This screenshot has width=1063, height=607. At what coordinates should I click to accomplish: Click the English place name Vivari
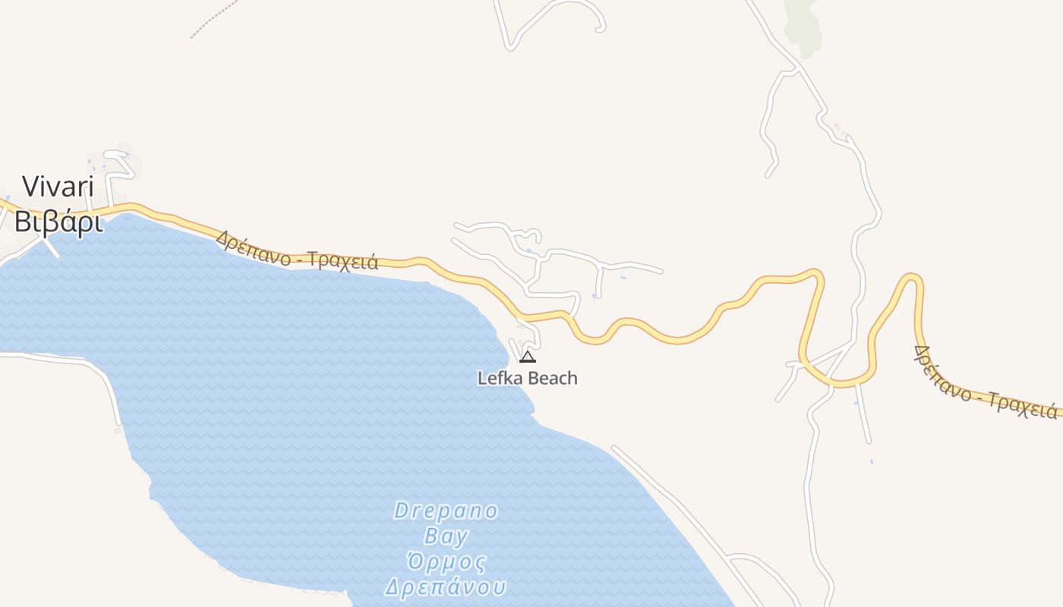[x=58, y=187]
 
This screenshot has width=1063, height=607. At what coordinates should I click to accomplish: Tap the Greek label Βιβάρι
[x=58, y=222]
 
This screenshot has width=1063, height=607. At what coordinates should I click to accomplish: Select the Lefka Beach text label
[x=527, y=378]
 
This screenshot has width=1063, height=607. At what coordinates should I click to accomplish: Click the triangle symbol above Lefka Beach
[x=528, y=357]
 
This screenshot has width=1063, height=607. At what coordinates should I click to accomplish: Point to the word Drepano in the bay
[x=446, y=511]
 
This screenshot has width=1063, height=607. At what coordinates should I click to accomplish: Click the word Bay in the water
[x=446, y=536]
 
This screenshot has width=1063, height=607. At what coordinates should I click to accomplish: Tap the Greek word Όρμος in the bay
[x=446, y=562]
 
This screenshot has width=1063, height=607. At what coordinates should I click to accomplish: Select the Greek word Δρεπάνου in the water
[x=446, y=587]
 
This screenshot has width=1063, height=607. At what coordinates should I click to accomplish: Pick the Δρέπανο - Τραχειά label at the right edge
[x=986, y=384]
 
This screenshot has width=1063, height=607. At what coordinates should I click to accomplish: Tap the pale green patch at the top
[x=803, y=27]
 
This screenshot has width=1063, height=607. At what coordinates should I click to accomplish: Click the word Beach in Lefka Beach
[x=552, y=378]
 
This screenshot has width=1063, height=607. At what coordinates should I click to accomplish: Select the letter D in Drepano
[x=401, y=511]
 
